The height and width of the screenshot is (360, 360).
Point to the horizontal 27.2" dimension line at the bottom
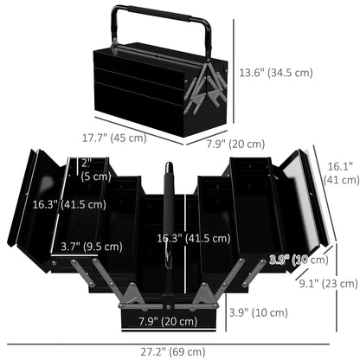coord(179,340)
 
